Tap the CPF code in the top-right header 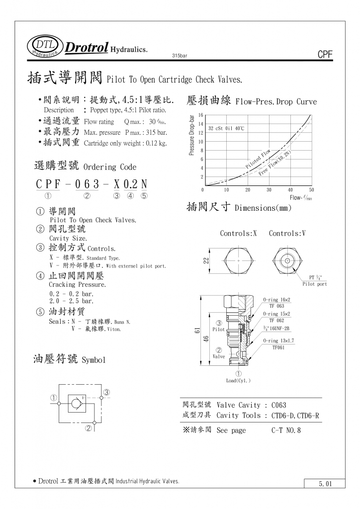[x=324, y=55]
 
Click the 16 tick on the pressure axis [x=200, y=115]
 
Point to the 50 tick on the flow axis [x=311, y=190]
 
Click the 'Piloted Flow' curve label [x=258, y=159]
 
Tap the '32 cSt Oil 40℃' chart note [x=226, y=128]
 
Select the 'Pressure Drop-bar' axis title [x=192, y=135]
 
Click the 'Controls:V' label [x=287, y=233]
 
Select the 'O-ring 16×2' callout [x=276, y=300]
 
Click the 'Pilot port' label [x=315, y=284]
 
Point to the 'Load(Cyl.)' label [x=238, y=381]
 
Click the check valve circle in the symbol [x=76, y=404]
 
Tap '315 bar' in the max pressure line [x=157, y=133]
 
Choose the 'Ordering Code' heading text [x=110, y=167]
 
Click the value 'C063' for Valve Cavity [x=279, y=405]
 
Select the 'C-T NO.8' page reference [x=286, y=430]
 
